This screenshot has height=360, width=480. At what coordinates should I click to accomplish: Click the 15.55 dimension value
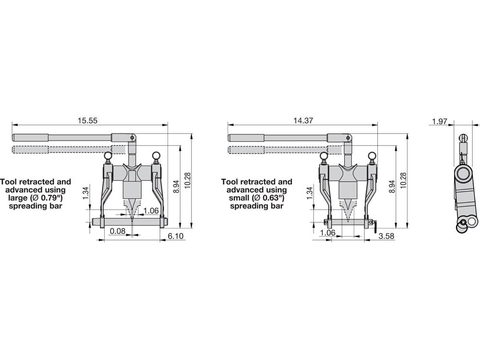click(87, 120)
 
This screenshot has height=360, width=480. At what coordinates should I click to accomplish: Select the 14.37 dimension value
click(303, 120)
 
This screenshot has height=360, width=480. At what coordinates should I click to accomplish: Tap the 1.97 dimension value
click(440, 121)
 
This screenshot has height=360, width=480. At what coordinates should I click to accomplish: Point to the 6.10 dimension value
click(176, 236)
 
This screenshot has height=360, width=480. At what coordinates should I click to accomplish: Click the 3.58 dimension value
click(386, 236)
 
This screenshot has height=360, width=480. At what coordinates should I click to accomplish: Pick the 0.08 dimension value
click(118, 231)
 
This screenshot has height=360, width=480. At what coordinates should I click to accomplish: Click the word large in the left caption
click(17, 198)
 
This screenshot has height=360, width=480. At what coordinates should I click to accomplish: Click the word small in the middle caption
click(239, 198)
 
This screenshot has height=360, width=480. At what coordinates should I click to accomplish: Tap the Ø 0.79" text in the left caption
click(46, 198)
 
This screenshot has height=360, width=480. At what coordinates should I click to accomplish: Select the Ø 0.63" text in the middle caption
click(268, 198)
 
